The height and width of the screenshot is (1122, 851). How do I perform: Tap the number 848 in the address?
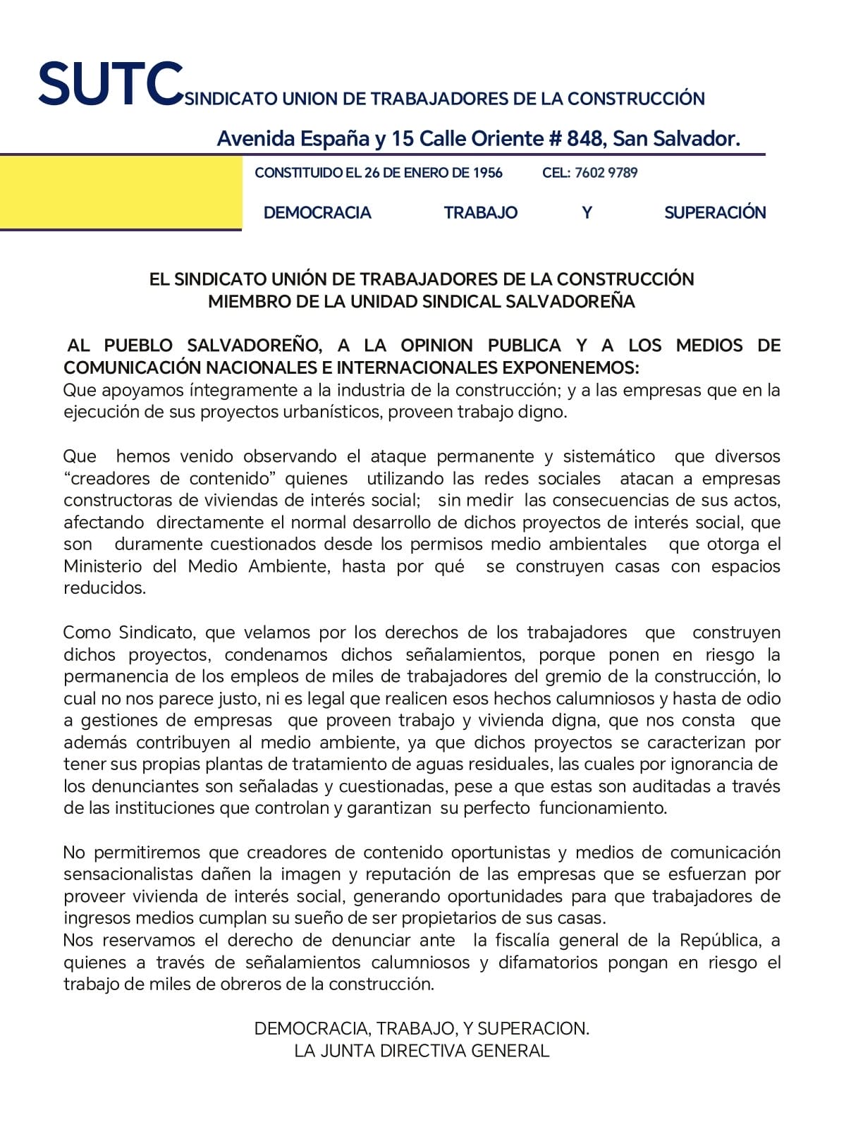(x=584, y=139)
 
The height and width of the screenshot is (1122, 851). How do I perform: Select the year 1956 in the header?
(x=487, y=173)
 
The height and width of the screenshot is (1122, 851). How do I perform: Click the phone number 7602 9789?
(x=606, y=173)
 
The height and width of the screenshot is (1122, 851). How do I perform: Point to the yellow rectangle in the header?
(x=121, y=193)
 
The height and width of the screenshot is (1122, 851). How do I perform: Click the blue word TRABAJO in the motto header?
(x=480, y=213)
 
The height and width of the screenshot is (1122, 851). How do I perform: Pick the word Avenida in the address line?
(x=255, y=139)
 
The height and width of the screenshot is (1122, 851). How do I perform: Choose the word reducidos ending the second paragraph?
(x=104, y=588)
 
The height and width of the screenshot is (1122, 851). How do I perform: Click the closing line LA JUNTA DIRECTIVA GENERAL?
(x=422, y=1051)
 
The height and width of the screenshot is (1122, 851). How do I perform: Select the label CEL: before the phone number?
(x=556, y=173)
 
